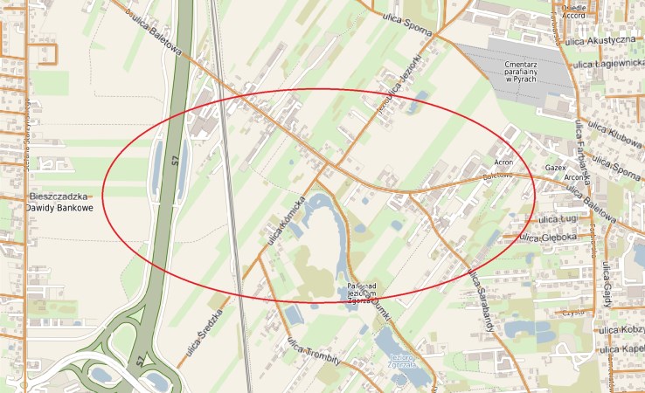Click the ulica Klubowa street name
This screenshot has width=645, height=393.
point(613,136)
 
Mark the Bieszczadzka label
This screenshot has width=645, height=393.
point(59,196)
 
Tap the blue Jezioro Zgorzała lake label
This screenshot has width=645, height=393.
point(403,362)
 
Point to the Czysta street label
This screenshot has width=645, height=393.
point(573,312)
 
